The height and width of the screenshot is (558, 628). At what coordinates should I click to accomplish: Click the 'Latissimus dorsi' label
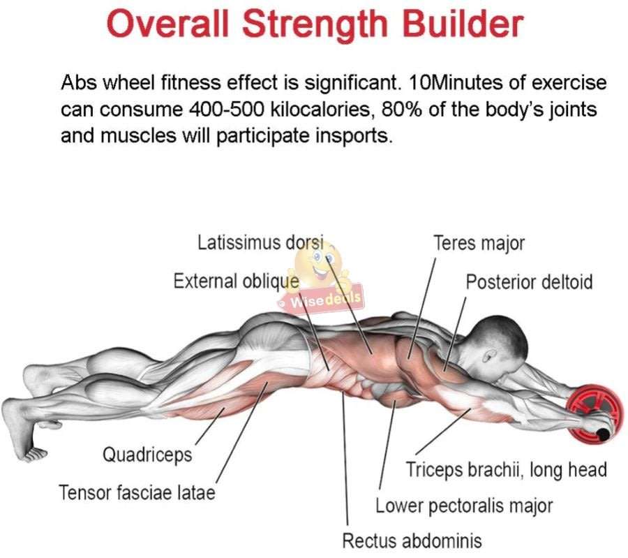[x=261, y=243]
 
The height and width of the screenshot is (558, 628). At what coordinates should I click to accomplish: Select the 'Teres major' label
[x=479, y=243]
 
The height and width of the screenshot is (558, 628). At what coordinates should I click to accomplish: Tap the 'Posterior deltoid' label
[x=529, y=281]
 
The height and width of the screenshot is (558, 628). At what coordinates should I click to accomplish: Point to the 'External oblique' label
[x=236, y=281]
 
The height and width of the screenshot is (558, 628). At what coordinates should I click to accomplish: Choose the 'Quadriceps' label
[x=147, y=455]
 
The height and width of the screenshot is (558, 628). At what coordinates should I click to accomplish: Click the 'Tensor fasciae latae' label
[x=137, y=492]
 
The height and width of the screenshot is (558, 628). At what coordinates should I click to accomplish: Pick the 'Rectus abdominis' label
[x=412, y=540]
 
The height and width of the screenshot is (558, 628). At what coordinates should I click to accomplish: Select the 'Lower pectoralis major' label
[x=464, y=505]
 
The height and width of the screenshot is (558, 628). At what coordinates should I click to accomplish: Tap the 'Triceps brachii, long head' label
[x=507, y=469]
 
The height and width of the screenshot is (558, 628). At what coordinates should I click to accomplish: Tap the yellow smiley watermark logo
[x=321, y=269]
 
